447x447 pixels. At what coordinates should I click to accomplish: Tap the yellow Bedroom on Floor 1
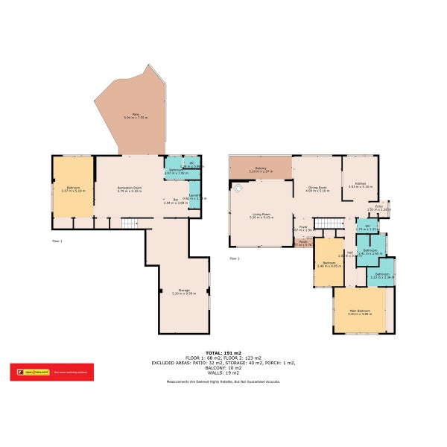point(73,188)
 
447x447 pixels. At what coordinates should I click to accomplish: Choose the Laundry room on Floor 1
point(194,197)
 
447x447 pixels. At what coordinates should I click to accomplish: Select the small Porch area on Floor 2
point(303,243)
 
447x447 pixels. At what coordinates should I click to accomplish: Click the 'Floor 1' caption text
point(57,241)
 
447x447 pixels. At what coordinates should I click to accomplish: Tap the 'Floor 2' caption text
point(235,258)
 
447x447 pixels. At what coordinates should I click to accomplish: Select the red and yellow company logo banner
point(51,370)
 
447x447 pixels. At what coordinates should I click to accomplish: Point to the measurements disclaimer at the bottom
point(223,382)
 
